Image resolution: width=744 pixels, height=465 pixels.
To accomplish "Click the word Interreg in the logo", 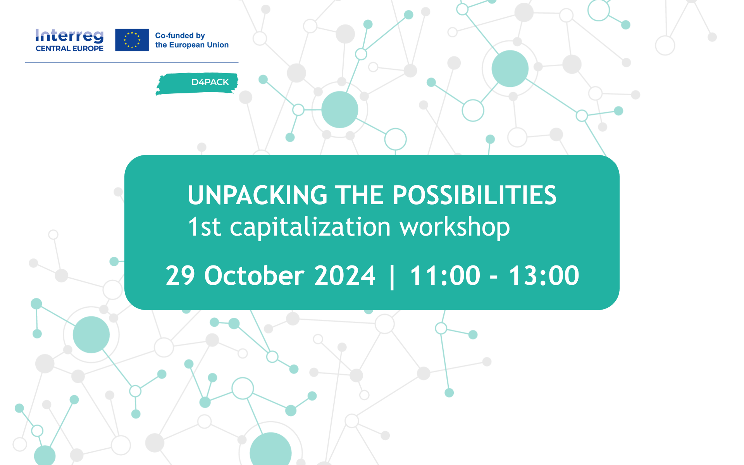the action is point(69,36).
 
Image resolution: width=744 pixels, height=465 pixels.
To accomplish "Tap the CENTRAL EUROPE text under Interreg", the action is point(69,48).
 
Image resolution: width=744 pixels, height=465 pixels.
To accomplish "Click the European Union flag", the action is point(132,40).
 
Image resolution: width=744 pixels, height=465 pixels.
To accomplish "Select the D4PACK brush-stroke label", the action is point(197,83).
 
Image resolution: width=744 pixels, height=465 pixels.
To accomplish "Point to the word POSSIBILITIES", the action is point(475,195).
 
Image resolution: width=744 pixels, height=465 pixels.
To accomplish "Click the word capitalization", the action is point(310,228).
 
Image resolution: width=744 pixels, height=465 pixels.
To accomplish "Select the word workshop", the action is point(455,228).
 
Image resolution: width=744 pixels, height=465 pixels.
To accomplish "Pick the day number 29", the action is point(180,276).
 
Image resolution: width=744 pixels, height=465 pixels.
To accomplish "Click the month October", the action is point(254,276).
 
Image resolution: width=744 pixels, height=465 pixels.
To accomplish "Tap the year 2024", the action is point(345,276).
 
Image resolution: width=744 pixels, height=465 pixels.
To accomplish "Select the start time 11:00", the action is point(445,276).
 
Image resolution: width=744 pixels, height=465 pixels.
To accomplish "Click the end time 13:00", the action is point(544,276).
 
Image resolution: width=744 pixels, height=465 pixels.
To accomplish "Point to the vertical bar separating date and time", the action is point(393,276).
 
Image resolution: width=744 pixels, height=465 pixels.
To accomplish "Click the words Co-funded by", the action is point(180,36).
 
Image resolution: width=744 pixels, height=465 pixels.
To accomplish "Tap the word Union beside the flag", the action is point(218,45).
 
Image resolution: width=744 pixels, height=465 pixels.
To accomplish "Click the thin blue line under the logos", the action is point(132,62).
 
